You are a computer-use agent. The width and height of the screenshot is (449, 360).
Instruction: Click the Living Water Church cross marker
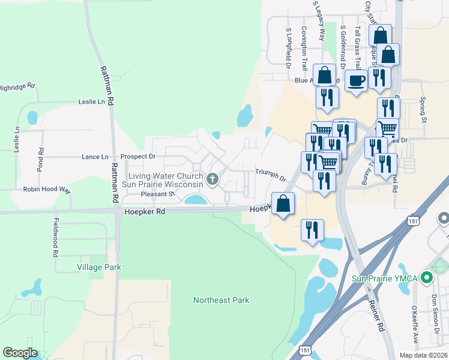pyautogui.click(x=212, y=179)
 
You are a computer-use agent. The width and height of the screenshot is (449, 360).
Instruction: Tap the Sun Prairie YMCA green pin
pyautogui.click(x=427, y=278)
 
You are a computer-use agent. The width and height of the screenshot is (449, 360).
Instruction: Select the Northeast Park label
pyautogui.click(x=221, y=300)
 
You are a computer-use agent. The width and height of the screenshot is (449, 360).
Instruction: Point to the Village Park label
pyautogui.click(x=99, y=267)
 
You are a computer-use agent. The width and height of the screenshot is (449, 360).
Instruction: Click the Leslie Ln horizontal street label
pyautogui.click(x=91, y=102)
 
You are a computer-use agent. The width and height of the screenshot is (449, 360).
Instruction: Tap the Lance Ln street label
pyautogui.click(x=95, y=157)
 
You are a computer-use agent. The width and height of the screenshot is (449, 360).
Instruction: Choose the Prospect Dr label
pyautogui.click(x=138, y=157)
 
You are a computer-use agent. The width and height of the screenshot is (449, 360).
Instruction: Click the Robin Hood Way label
pyautogui.click(x=47, y=190)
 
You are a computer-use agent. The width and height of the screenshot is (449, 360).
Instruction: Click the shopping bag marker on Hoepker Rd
pyautogui.click(x=283, y=203)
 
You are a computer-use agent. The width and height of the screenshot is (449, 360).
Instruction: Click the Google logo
pyautogui.click(x=20, y=353)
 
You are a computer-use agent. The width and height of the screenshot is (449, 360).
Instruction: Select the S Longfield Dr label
pyautogui.click(x=289, y=46)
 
